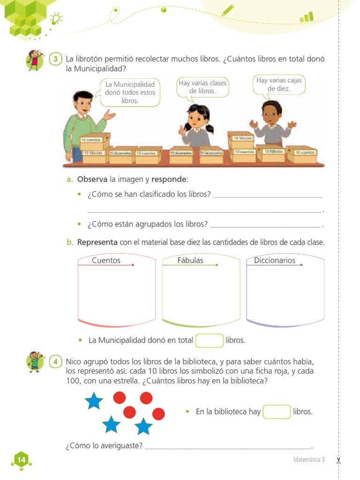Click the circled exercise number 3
55,59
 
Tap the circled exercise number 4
55,361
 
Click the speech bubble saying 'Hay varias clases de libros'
202,87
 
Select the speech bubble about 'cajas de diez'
279,84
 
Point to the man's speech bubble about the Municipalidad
130,92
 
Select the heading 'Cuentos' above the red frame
106,260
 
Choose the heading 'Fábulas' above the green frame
190,260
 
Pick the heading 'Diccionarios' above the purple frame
275,260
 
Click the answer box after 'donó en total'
209,340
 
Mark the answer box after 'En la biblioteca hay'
277,412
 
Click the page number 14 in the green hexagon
22,460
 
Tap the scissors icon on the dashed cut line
338,460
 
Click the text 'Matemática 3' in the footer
309,460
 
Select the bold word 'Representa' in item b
97,242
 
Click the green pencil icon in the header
228,10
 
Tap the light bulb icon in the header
57,19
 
